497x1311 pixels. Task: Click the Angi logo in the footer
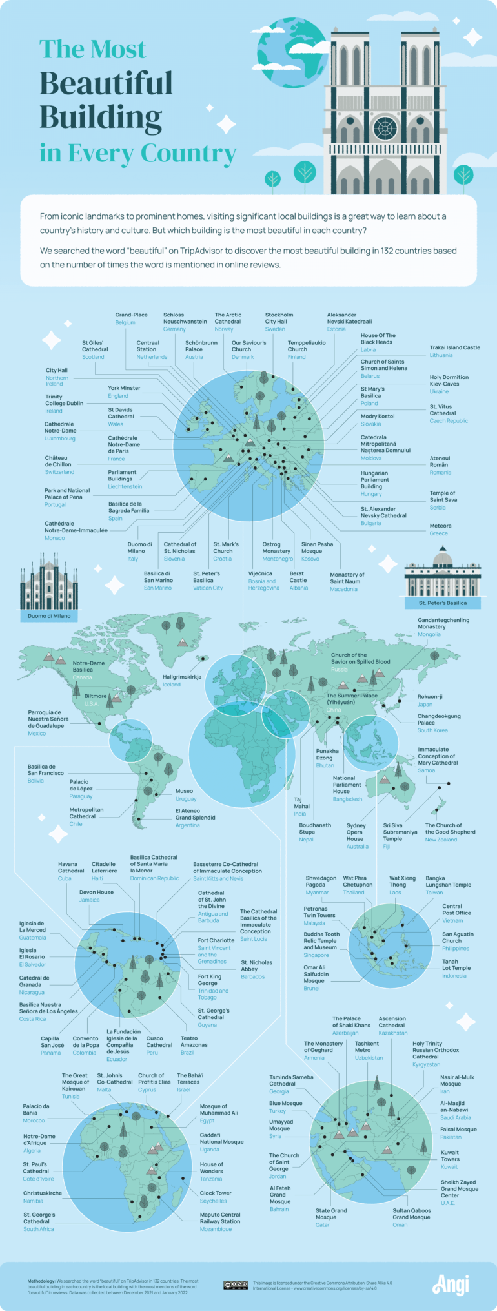click(451, 1285)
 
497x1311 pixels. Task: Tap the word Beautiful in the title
click(106, 84)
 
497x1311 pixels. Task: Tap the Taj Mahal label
click(301, 803)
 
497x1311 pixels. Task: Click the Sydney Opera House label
click(356, 832)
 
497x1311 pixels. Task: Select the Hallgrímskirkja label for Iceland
click(182, 677)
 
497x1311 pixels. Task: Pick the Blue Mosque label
click(285, 1103)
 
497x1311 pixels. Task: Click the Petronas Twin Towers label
click(319, 912)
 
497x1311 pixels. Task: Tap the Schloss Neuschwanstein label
click(185, 318)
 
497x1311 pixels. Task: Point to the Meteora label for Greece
click(440, 526)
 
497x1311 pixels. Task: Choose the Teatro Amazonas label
click(194, 1041)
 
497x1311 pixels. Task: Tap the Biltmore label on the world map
click(96, 696)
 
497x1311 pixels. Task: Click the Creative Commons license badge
click(235, 1285)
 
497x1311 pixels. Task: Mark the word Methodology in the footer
click(41, 1280)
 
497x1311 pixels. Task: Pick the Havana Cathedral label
click(71, 867)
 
